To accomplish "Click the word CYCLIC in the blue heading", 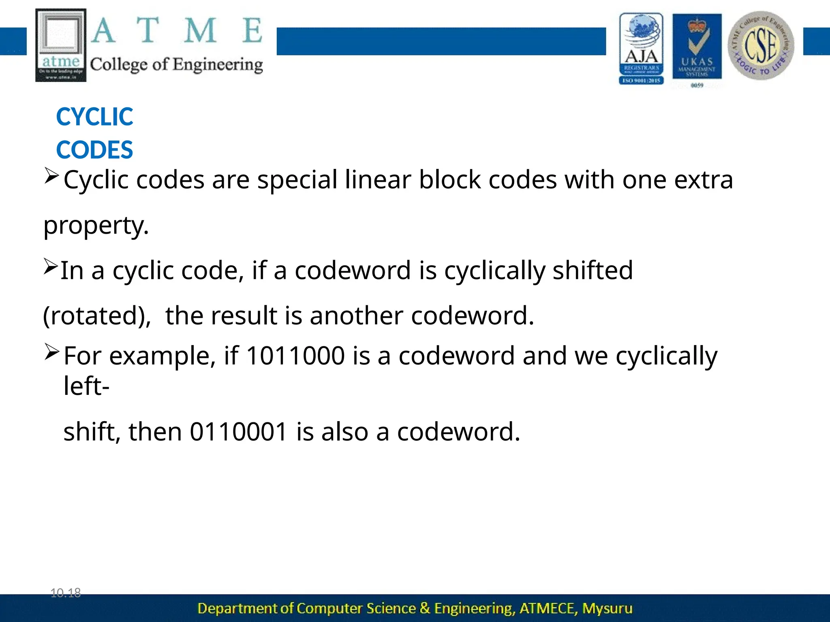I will click(94, 117).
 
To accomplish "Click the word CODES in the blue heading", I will click(94, 150).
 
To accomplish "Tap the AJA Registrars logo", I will click(641, 48).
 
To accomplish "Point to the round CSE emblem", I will click(761, 45).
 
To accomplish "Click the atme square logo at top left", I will click(61, 45).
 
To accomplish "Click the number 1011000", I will click(295, 356).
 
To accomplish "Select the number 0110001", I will click(239, 431).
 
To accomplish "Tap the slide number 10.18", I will click(66, 593).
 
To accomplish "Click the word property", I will click(96, 225).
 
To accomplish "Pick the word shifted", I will click(593, 270).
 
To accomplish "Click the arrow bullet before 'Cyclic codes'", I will click(51, 175).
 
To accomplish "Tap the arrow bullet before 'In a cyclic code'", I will click(51, 266).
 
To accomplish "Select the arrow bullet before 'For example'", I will click(51, 351).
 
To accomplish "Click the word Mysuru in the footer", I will click(607, 608).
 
